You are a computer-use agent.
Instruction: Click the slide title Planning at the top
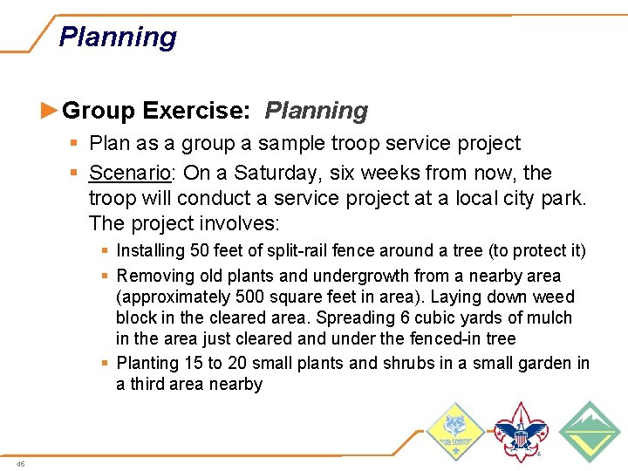[x=118, y=38]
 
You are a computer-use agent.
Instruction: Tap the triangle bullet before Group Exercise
[x=50, y=111]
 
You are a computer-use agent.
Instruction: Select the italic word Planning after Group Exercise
[x=316, y=111]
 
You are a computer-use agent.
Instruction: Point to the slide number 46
[x=20, y=463]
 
